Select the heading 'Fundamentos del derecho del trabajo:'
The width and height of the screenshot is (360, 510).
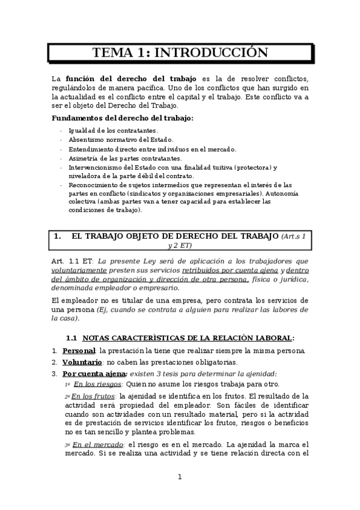tap(123, 118)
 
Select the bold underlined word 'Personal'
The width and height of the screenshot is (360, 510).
tap(79, 351)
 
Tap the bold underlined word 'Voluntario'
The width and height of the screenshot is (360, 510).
tap(82, 362)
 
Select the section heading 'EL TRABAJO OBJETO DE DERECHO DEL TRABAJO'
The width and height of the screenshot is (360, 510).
tap(174, 236)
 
